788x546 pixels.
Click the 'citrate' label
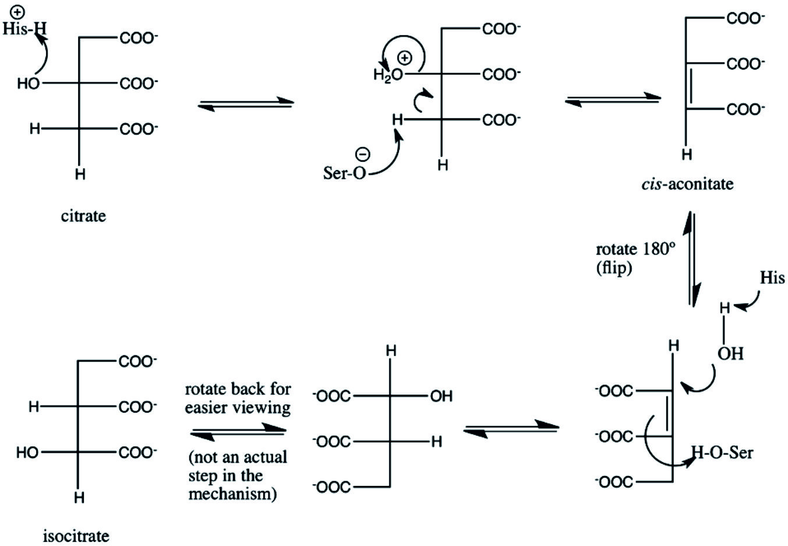[x=83, y=216]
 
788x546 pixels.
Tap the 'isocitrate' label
[x=76, y=536]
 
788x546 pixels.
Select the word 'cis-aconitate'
[x=687, y=184]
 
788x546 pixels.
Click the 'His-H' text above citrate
[x=24, y=29]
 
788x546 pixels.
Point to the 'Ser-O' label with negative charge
[x=345, y=173]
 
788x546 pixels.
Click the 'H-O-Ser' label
[x=722, y=453]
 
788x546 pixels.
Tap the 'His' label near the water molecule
[x=772, y=277]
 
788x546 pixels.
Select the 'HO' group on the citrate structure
[x=29, y=84]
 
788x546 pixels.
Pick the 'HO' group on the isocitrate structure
[x=27, y=453]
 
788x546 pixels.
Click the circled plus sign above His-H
[x=17, y=13]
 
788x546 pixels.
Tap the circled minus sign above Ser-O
[x=363, y=154]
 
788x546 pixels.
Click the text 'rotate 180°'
[x=635, y=249]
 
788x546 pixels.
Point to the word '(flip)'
[x=614, y=268]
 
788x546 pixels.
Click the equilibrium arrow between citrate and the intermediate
[x=246, y=104]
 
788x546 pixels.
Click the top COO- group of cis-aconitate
[x=745, y=18]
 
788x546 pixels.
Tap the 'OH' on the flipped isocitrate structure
[x=441, y=396]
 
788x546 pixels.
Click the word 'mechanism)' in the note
[x=232, y=494]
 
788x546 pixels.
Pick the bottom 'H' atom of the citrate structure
[x=80, y=174]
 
